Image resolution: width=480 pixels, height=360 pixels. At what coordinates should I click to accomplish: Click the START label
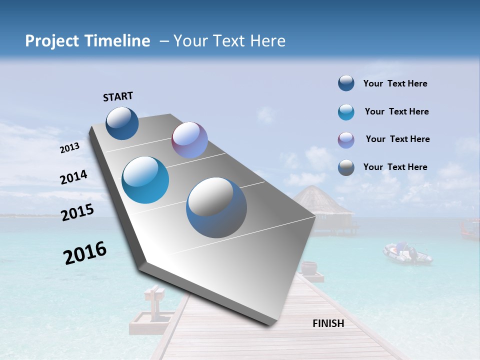(118, 96)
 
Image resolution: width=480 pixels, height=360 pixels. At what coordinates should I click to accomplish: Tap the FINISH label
(328, 323)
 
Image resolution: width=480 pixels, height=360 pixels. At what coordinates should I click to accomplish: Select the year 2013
(69, 148)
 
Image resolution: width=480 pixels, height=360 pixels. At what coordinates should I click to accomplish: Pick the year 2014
(73, 177)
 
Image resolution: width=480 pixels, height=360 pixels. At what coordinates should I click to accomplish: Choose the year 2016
(85, 253)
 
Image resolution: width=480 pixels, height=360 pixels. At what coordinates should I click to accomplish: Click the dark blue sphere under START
(122, 123)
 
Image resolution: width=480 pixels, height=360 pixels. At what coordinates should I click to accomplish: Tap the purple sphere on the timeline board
(189, 140)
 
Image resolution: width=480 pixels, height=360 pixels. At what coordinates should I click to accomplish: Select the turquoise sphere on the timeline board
(145, 180)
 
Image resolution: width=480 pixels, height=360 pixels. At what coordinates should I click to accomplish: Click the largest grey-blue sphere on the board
(216, 207)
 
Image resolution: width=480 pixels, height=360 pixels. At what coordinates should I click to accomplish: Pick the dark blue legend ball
(346, 83)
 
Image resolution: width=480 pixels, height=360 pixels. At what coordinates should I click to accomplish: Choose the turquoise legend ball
(346, 112)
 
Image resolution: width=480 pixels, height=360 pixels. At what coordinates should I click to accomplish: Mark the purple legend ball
(346, 140)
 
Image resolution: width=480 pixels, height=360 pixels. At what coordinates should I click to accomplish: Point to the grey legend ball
(346, 167)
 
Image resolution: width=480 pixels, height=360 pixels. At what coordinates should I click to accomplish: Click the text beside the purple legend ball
(397, 139)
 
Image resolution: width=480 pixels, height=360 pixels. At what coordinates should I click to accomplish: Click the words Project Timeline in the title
(87, 41)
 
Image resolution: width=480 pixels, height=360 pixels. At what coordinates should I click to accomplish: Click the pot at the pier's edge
(309, 268)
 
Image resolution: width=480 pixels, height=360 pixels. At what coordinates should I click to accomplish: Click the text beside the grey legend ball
(395, 167)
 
